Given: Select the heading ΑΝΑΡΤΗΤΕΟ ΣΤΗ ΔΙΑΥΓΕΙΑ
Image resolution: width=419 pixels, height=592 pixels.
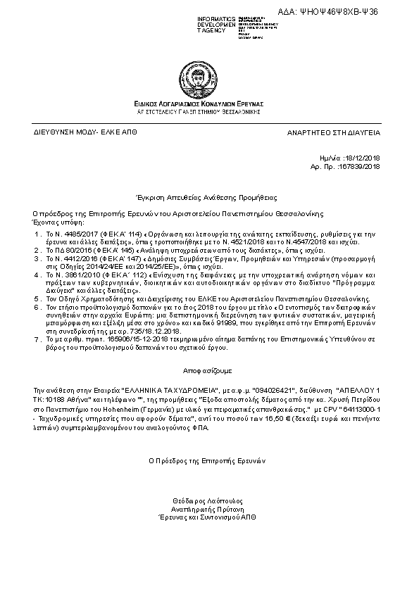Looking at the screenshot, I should pos(333,132).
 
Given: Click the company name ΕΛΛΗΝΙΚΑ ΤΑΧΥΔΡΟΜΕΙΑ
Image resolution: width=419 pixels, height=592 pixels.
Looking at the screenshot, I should pos(162,388).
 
